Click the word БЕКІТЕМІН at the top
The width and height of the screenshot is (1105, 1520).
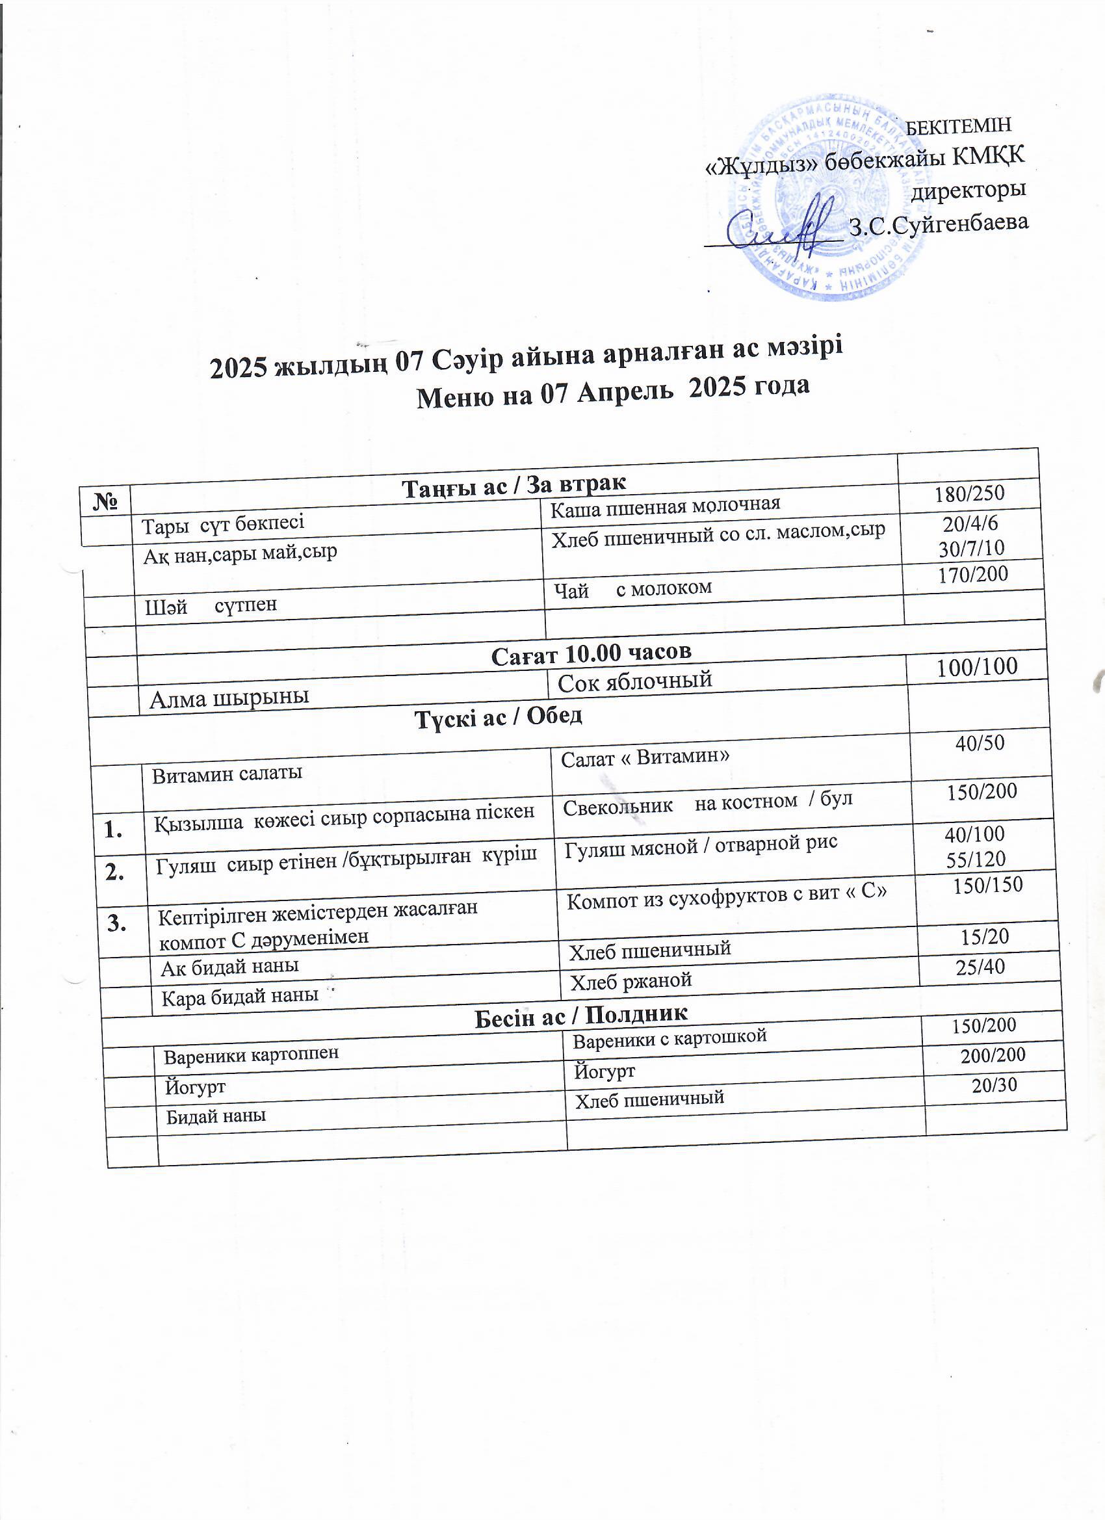tap(958, 126)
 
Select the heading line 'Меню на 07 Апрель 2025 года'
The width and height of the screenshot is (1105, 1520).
tap(612, 391)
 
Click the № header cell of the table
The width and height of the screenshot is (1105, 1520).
tap(105, 500)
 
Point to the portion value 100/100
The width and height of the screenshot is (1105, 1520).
tap(978, 666)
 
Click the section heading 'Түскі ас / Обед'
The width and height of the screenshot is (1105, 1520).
tap(498, 717)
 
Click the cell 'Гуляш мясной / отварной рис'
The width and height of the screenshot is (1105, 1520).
tap(701, 845)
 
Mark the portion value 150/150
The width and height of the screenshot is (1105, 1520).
tap(988, 885)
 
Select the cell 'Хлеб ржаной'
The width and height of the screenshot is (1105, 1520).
tap(630, 981)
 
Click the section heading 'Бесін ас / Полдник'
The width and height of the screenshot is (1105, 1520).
tap(581, 1016)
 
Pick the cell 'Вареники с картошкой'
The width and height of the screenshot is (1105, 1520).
tap(669, 1040)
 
